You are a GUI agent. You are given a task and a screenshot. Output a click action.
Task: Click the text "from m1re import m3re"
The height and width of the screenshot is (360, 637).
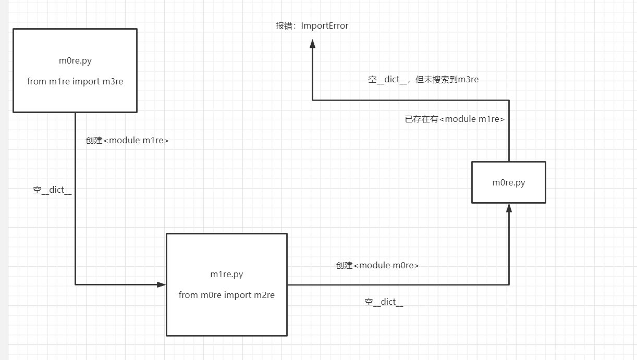(x=75, y=82)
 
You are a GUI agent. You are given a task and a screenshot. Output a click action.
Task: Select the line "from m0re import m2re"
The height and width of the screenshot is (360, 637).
(x=226, y=295)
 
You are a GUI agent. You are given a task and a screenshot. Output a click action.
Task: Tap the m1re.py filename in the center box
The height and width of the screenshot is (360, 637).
(x=226, y=274)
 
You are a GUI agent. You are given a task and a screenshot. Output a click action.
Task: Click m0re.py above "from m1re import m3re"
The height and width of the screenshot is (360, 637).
(x=75, y=61)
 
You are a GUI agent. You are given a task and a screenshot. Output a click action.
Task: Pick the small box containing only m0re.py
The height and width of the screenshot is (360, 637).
(x=508, y=182)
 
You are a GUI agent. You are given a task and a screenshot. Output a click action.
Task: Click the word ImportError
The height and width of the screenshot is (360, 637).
(x=324, y=26)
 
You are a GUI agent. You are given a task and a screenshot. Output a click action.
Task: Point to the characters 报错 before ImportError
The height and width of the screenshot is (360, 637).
(x=284, y=26)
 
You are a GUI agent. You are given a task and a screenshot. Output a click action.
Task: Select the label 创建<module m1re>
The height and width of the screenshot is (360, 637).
(x=127, y=141)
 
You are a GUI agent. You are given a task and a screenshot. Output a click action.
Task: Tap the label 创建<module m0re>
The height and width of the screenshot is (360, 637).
(x=377, y=266)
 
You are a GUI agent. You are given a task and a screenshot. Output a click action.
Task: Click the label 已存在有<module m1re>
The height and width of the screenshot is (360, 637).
(x=455, y=119)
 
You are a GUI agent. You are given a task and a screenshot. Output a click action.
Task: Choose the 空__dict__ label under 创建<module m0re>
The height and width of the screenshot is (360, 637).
(x=384, y=302)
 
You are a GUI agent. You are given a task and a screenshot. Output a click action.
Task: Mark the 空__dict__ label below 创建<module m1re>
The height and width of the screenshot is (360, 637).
(x=52, y=190)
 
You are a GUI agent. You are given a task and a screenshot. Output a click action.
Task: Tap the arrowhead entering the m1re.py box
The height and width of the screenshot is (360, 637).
(x=162, y=284)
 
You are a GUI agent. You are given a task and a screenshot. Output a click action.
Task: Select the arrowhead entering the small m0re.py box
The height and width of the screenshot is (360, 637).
(x=509, y=208)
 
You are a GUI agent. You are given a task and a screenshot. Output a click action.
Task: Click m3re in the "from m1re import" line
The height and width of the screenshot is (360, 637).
(x=113, y=82)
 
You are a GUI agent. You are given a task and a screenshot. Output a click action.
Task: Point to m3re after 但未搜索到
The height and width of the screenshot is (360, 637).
(x=468, y=80)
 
